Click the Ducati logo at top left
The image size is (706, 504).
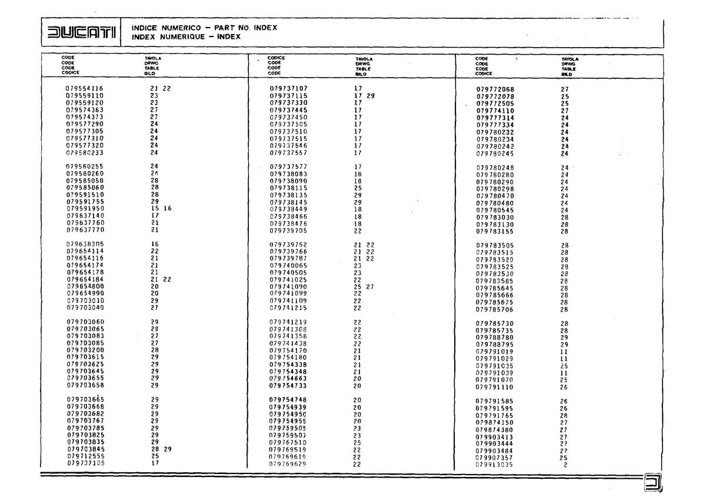click(81, 33)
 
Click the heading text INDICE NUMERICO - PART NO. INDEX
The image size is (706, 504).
click(204, 28)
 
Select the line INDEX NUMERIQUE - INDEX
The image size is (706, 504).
click(186, 36)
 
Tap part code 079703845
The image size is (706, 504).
click(85, 449)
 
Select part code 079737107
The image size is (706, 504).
click(288, 88)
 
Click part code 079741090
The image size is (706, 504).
click(288, 286)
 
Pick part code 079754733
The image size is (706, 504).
click(288, 386)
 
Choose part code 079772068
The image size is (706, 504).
click(495, 89)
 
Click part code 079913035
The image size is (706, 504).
click(494, 465)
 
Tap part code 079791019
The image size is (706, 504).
click(494, 352)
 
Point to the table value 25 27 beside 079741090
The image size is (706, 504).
click(364, 286)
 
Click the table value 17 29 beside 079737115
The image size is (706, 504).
click(364, 95)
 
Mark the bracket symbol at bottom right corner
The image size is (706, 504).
click(653, 482)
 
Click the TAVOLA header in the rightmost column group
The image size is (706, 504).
click(570, 59)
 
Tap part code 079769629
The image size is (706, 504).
click(288, 463)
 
